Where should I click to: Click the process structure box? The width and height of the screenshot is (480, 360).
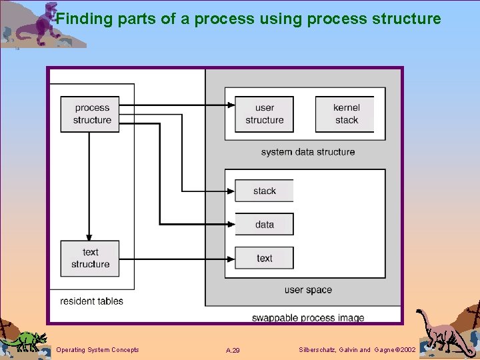[x=90, y=114]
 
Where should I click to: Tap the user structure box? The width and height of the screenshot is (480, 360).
[x=264, y=114]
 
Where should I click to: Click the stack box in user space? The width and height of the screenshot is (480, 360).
[x=264, y=191]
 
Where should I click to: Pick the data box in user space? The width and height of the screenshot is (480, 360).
[x=264, y=225]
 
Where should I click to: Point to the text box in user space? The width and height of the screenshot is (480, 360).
[x=264, y=259]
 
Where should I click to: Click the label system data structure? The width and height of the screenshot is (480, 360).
[x=308, y=152]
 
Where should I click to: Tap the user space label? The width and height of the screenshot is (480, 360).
[x=308, y=290]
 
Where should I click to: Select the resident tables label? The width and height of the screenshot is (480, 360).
[x=91, y=301]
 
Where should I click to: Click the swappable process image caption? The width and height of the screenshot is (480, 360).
[x=308, y=318]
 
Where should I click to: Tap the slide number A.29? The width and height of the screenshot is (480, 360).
[x=233, y=351]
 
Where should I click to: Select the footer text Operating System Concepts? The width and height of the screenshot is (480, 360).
[x=97, y=350]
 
